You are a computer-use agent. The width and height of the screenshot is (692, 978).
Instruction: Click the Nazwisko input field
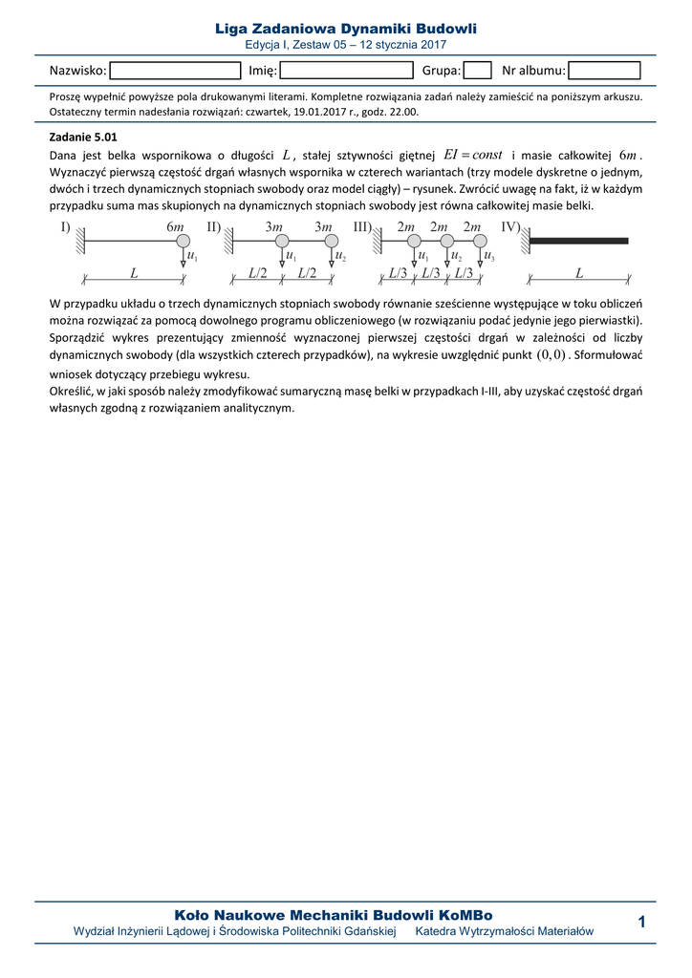click(175, 70)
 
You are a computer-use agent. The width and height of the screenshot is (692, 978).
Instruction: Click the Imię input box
click(346, 70)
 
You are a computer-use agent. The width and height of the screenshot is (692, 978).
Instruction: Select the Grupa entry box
click(478, 70)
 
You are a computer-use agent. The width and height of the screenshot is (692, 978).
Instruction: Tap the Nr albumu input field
click(604, 70)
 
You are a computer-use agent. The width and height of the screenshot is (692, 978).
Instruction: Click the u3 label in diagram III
click(489, 256)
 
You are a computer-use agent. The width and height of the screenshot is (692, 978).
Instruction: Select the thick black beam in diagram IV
click(579, 241)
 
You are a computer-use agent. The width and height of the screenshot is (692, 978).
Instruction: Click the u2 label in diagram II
click(340, 256)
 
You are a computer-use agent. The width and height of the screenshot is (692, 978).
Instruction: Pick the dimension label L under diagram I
click(134, 273)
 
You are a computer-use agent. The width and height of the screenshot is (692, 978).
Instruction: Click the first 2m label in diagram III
click(406, 227)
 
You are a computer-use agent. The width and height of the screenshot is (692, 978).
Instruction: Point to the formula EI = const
click(473, 155)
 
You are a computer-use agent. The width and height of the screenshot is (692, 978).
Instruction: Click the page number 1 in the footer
click(641, 921)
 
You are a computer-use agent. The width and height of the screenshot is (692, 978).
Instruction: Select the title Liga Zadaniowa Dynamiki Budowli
click(346, 30)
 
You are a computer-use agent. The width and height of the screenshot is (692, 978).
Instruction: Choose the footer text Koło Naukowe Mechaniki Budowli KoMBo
click(334, 915)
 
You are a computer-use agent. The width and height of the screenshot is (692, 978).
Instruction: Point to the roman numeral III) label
click(362, 227)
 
